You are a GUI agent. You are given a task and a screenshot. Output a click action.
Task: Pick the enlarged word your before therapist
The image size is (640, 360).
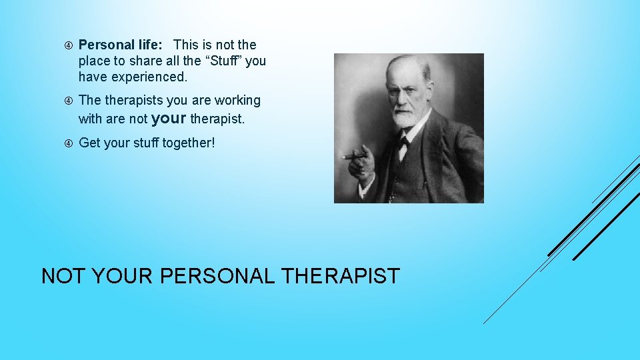[169, 119]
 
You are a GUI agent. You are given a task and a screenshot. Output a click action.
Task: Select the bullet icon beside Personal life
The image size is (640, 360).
[68, 45]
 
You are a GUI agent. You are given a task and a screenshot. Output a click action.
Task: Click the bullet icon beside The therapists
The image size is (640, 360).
[68, 101]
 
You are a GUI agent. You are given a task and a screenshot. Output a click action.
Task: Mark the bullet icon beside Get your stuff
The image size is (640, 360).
[68, 143]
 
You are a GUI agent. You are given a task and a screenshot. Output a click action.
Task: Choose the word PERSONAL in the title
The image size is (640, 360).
[217, 276]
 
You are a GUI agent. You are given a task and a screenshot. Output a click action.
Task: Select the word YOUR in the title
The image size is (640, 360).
[123, 276]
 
